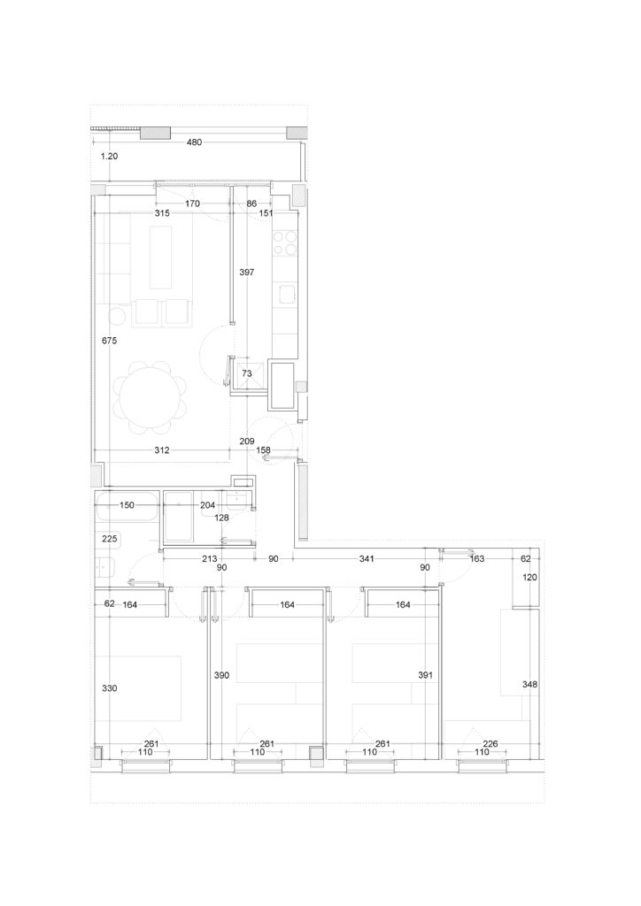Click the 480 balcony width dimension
point(194,142)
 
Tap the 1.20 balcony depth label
point(109,156)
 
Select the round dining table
point(151,397)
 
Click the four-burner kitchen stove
point(284,242)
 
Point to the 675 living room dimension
point(109,341)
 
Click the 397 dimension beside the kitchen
point(247,273)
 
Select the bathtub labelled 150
point(127,505)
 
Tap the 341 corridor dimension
point(367,559)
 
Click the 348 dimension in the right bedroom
point(529,685)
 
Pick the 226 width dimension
point(490,743)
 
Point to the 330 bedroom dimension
point(109,688)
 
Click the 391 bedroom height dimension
point(425,675)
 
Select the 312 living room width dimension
point(162,450)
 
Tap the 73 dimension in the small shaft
point(247,374)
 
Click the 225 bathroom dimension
point(109,539)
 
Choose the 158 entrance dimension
point(263,450)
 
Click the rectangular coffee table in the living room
point(160,257)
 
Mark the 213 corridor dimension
point(209,559)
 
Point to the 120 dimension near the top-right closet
point(529,577)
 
